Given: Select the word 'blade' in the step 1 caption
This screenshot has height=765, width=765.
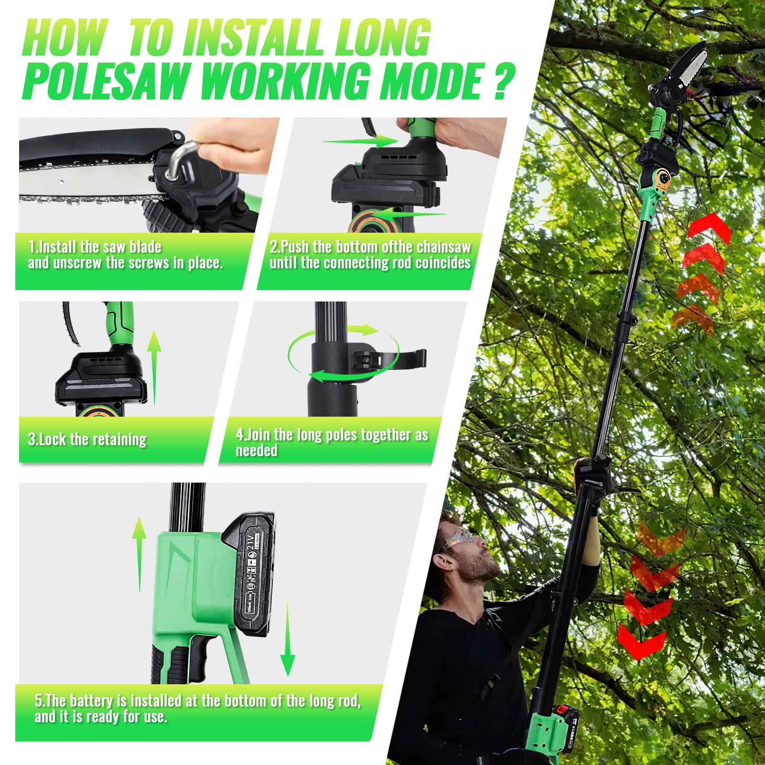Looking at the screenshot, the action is coord(145,247).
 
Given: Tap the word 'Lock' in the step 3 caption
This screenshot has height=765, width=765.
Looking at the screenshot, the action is coord(53,439).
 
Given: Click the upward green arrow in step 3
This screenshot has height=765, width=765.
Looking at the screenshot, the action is coord(154,367).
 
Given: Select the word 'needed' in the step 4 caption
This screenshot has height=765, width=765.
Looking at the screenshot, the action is coord(257,450).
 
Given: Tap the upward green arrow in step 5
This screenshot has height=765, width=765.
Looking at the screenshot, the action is coord(139,554).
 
